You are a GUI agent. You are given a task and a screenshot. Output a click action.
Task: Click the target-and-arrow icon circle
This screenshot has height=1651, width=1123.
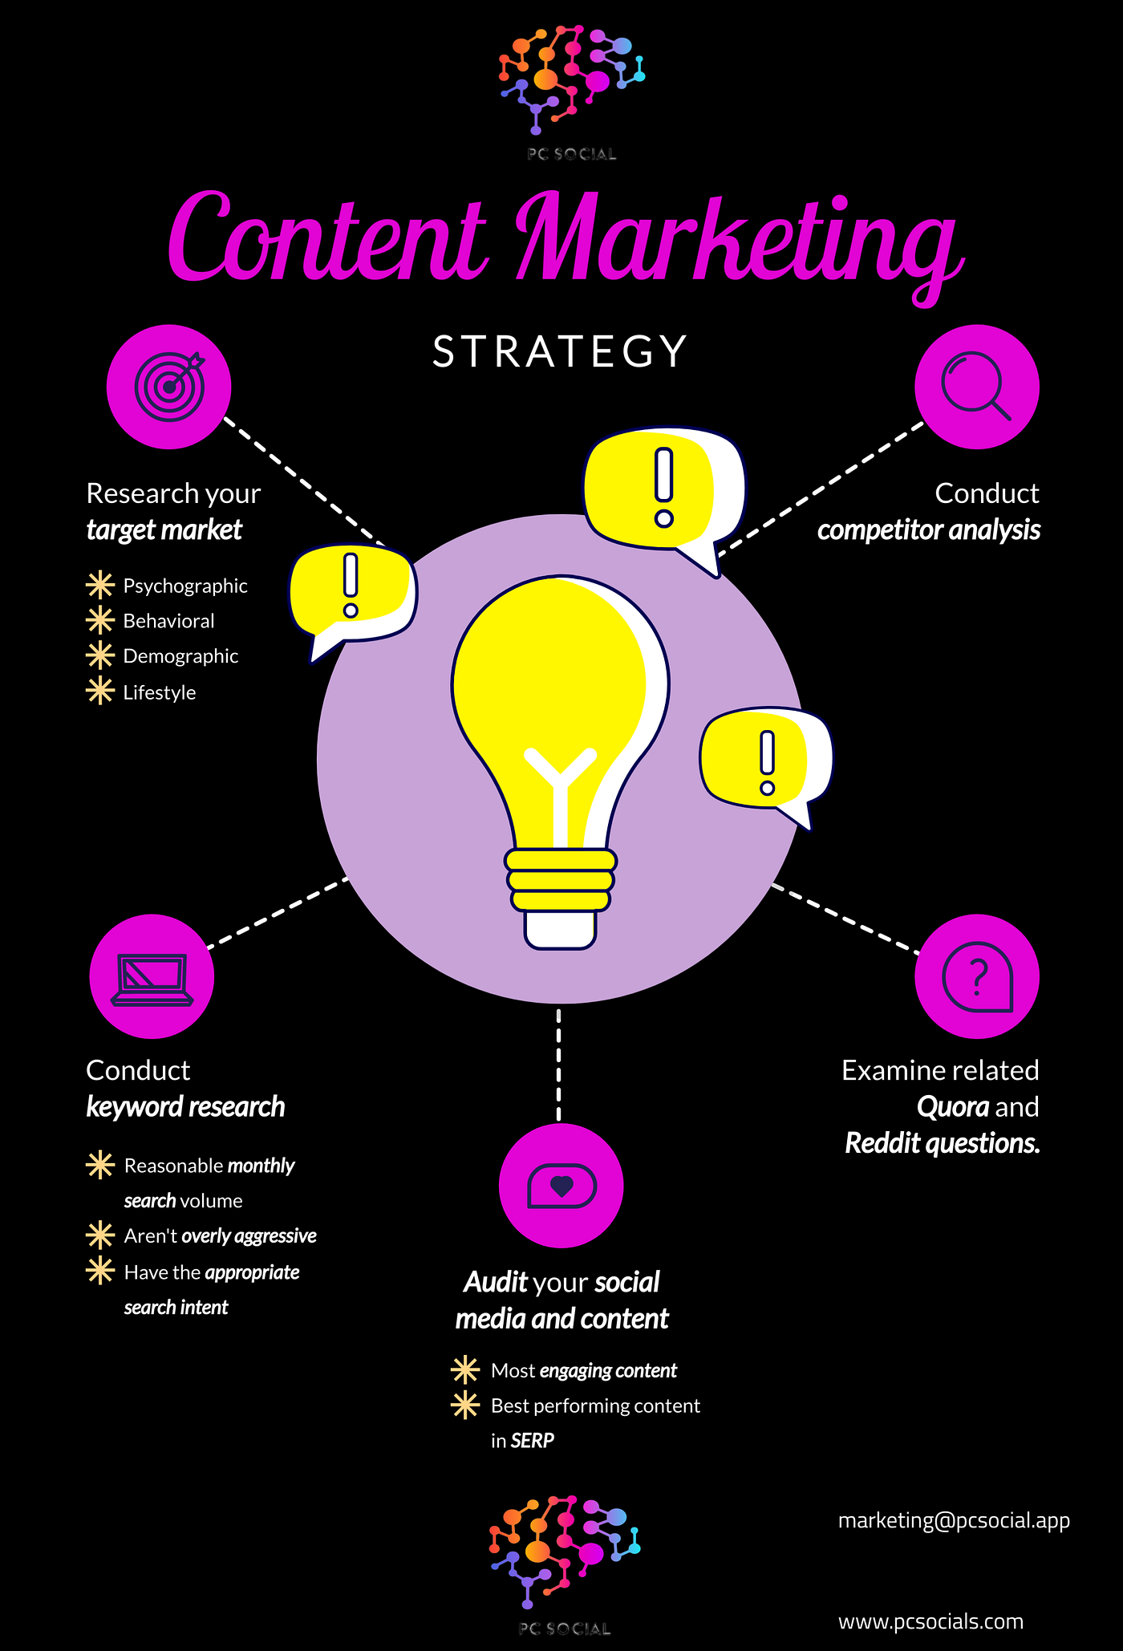click(169, 387)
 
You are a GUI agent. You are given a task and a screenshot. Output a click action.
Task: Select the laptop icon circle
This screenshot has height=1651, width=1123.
click(152, 977)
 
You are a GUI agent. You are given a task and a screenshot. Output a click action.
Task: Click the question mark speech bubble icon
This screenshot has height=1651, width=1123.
click(977, 977)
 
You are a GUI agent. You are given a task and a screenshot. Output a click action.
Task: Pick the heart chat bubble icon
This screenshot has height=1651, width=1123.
click(561, 1186)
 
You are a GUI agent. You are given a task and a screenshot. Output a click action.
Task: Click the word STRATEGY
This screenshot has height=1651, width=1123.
click(560, 351)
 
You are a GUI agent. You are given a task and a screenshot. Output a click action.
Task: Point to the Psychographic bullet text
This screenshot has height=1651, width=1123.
click(185, 586)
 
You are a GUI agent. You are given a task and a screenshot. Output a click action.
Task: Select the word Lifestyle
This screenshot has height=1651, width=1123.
click(160, 692)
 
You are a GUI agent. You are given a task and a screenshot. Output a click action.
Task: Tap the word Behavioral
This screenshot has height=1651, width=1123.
click(168, 621)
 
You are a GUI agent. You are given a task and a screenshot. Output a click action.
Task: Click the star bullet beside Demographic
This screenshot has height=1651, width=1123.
click(100, 655)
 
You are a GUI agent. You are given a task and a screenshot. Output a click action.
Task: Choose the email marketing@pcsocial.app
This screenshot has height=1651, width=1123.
click(954, 1520)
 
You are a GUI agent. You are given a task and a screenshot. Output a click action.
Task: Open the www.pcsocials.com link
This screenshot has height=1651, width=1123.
click(930, 1621)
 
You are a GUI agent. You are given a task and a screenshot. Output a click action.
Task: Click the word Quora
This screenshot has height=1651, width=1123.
click(953, 1107)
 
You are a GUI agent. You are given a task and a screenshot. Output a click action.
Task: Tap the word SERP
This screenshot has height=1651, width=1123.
click(533, 1441)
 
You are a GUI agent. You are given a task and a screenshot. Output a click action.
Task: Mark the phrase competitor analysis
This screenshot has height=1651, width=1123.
click(929, 530)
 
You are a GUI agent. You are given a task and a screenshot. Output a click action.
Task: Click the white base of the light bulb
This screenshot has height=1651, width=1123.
click(561, 929)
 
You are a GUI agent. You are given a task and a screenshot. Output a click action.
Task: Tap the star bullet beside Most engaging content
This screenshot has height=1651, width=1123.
click(465, 1370)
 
